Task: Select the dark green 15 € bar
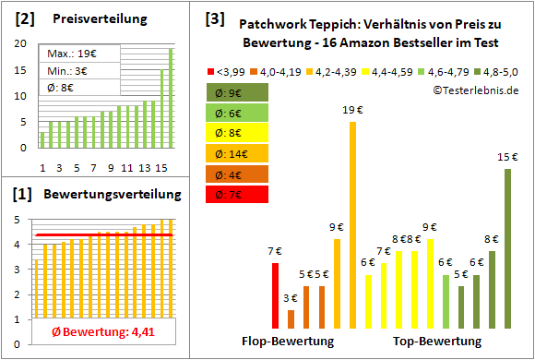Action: pos(506,248)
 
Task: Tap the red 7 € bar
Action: pos(275,295)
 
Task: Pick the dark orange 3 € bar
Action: pos(291,318)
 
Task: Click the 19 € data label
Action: pos(351,111)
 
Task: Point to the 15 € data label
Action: pos(507,157)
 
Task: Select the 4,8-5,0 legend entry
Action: pos(498,69)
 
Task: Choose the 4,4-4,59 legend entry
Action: pos(387,69)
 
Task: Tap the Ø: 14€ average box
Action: pos(237,153)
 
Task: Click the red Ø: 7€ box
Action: pos(237,194)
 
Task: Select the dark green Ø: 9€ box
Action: pos(237,92)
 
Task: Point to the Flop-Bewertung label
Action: pos(288,342)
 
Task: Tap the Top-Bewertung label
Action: pos(437,342)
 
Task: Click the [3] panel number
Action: pos(214,18)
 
